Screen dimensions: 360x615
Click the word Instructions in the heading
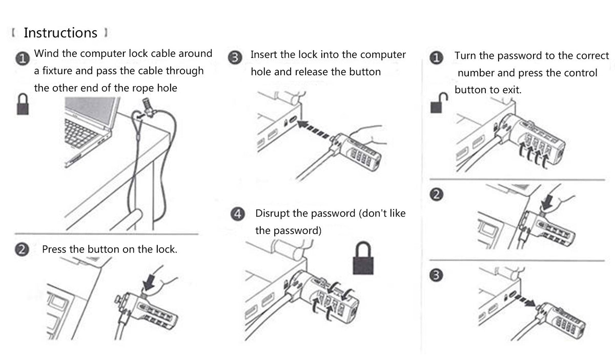[60, 33]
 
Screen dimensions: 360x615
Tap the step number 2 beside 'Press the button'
[22, 250]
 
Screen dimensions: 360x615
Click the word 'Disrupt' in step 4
[276, 214]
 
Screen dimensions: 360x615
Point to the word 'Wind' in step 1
[45, 53]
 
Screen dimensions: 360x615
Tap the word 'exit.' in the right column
[512, 90]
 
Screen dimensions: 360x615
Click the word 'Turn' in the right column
[465, 56]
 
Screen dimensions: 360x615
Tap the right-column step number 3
[436, 276]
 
